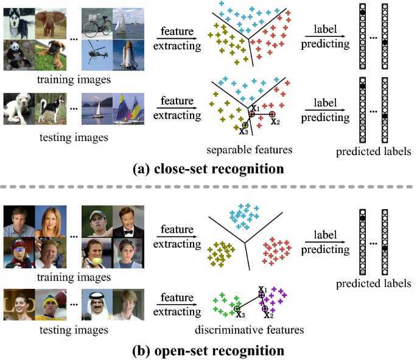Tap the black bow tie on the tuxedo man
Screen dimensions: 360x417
131,232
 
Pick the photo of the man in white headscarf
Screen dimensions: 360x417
97,305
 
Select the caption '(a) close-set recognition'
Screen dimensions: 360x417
208,168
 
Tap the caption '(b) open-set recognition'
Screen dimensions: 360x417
208,350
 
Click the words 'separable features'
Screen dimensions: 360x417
250,149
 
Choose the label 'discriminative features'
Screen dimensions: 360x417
250,331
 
